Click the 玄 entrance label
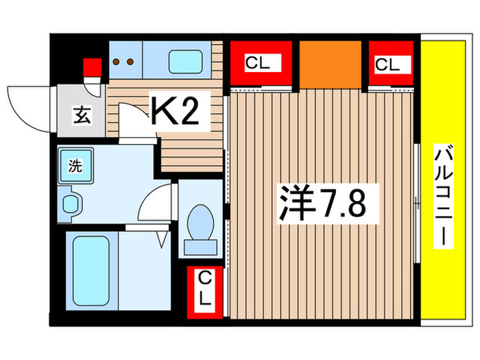[x=80, y=113]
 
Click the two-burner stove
[x=125, y=61]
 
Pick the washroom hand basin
[x=71, y=203]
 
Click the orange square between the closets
[x=331, y=64]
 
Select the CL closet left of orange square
[x=259, y=64]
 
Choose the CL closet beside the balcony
[x=390, y=64]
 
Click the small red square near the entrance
[x=91, y=67]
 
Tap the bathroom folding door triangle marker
[x=163, y=238]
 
